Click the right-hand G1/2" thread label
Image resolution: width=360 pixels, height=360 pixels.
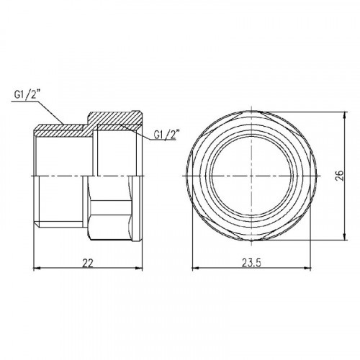click(165, 135)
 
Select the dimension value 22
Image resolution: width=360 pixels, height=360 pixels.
click(88, 264)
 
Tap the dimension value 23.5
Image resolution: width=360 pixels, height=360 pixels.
click(251, 264)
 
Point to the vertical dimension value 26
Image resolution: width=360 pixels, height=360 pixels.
click(340, 176)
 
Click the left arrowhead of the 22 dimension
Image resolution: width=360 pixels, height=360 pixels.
click(37, 269)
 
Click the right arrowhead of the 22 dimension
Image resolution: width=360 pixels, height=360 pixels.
click(139, 269)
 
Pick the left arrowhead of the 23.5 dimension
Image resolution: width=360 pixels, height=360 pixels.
click(196, 269)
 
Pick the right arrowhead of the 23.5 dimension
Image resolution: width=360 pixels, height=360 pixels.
click(307, 269)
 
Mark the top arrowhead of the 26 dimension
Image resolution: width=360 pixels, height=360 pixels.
click(345, 115)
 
